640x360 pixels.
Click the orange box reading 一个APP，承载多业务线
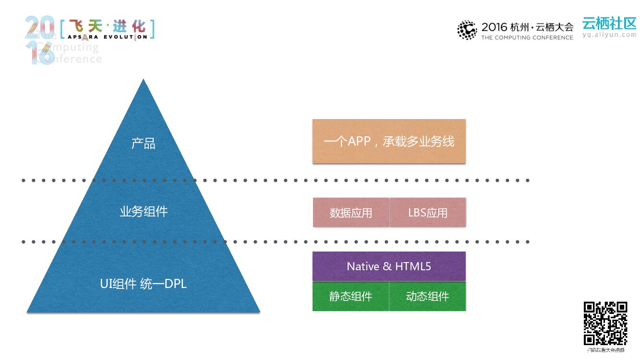pos(389,141)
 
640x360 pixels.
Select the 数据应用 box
pos(351,212)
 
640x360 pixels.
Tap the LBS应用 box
pos(428,212)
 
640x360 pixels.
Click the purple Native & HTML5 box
pos(389,266)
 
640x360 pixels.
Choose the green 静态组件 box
pos(350,296)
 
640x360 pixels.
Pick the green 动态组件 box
pos(427,296)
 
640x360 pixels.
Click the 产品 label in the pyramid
pos(143,143)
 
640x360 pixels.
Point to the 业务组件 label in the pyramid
pos(143,211)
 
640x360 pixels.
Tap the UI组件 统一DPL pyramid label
pos(143,284)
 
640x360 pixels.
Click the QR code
pos(605,323)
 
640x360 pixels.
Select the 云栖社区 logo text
pos(609,23)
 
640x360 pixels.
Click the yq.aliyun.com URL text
pos(609,35)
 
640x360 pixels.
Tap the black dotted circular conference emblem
pos(467,30)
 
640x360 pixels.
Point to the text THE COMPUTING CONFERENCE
pos(527,37)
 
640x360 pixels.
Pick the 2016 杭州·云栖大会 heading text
pos(527,27)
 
